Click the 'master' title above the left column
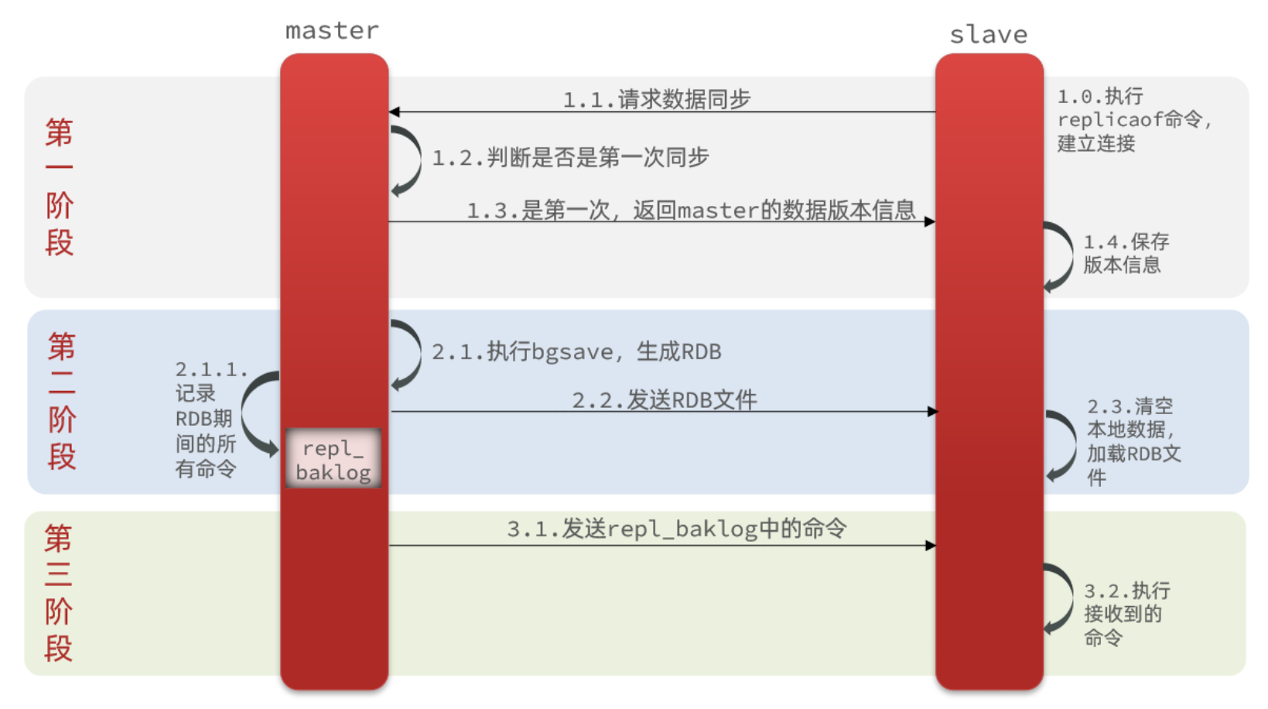[x=332, y=30]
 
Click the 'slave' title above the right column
[x=988, y=35]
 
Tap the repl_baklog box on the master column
[x=333, y=459]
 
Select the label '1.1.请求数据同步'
[x=656, y=99]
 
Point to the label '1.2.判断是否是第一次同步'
[x=570, y=158]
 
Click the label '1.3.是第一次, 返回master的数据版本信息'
[x=691, y=210]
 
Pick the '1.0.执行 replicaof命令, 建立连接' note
[x=1133, y=120]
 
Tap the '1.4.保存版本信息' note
[x=1126, y=253]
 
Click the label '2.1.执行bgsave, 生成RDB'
[x=576, y=352]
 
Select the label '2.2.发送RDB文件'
[x=664, y=400]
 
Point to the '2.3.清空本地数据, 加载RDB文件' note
[x=1133, y=441]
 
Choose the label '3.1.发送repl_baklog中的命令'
[x=676, y=529]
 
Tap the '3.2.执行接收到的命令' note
[x=1126, y=614]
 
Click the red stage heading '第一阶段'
[x=60, y=187]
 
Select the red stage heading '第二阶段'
[x=62, y=401]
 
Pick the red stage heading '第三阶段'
[x=59, y=593]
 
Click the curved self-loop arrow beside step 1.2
[x=408, y=161]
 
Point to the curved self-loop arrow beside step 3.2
[x=1061, y=599]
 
